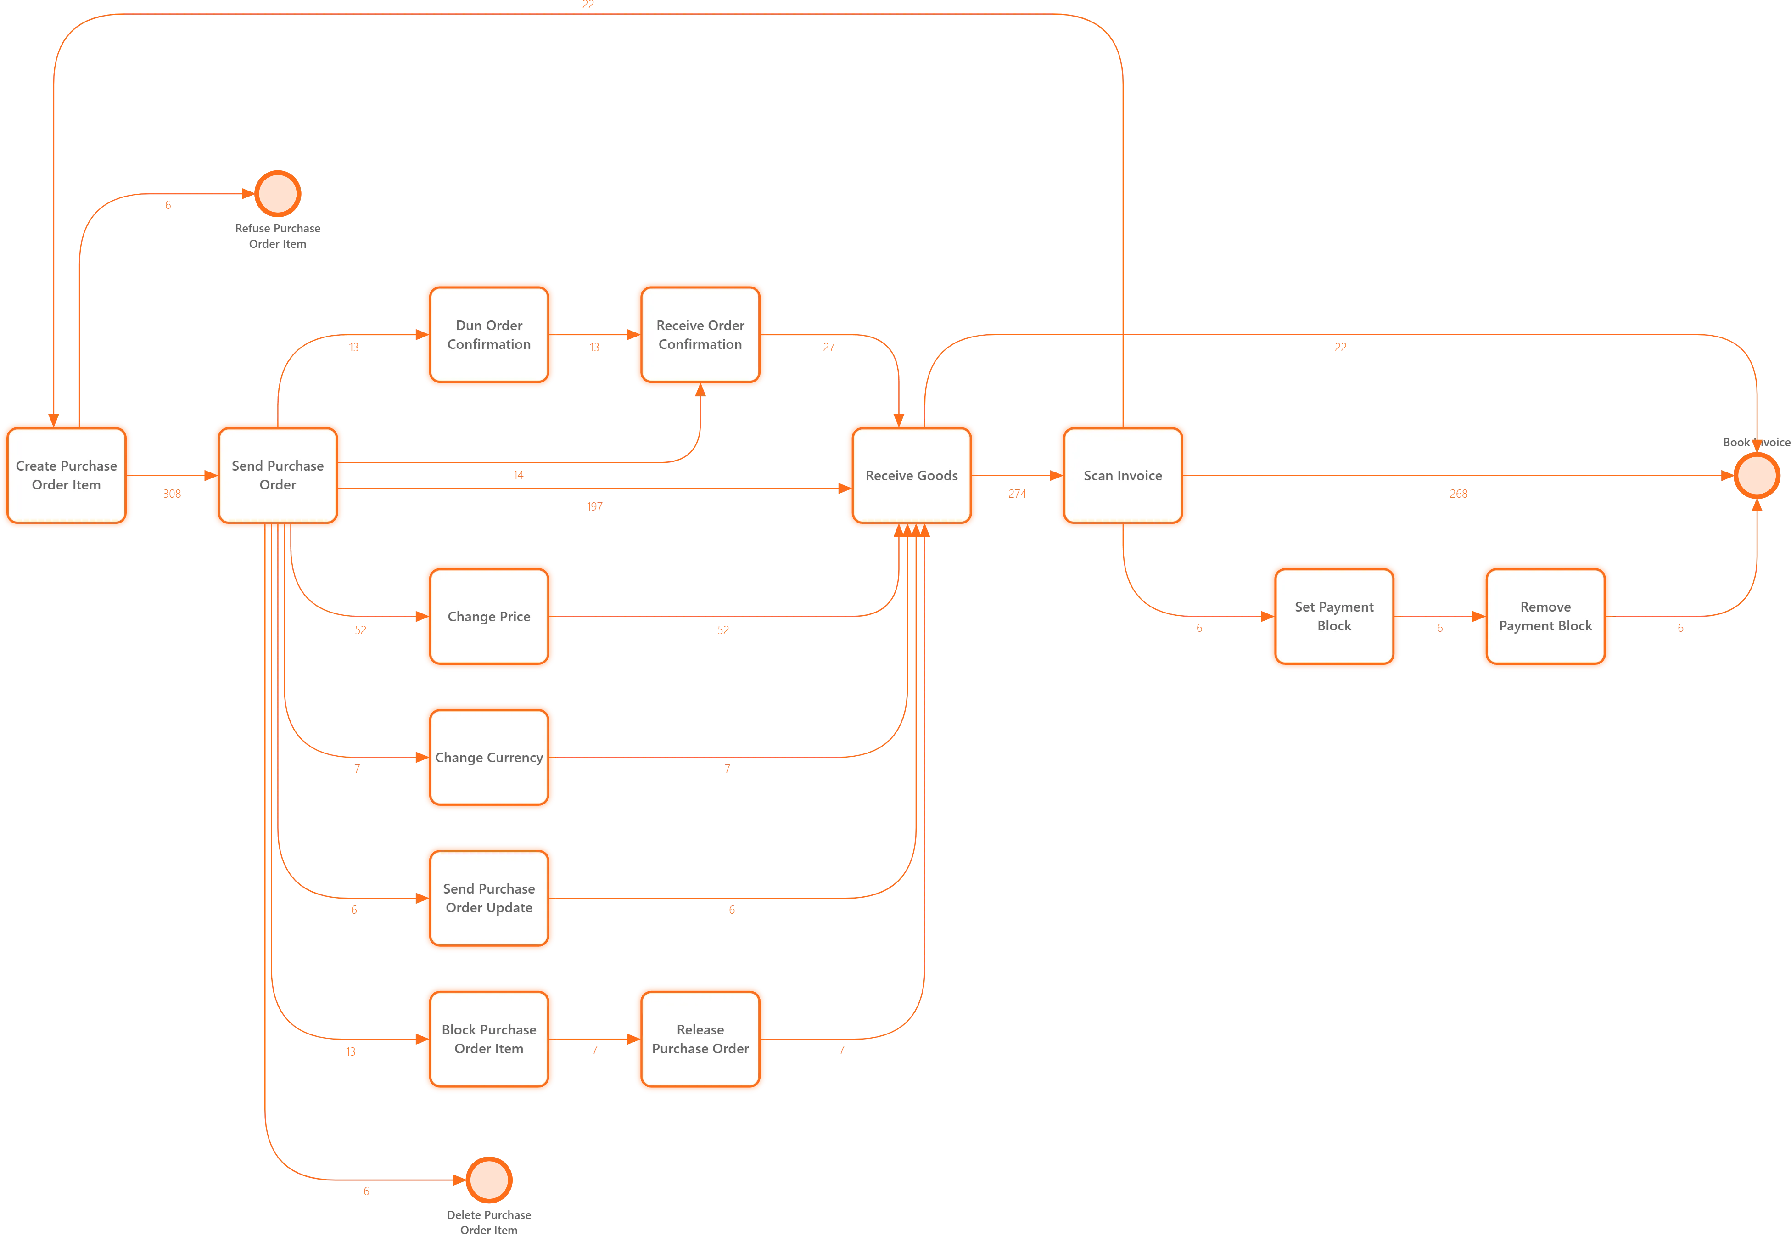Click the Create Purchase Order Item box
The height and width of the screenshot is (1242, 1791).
point(66,476)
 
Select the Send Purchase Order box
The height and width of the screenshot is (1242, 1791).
point(278,476)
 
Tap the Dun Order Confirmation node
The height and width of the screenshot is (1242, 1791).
point(488,335)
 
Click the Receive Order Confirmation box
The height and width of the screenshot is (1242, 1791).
point(700,335)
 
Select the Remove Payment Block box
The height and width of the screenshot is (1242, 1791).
point(1545,616)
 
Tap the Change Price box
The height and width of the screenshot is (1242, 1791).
point(488,616)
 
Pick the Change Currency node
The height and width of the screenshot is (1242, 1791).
point(488,757)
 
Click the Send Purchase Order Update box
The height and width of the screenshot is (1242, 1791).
point(488,898)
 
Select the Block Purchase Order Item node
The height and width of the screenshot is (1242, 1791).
point(488,1039)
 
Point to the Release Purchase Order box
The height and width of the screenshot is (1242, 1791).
point(700,1039)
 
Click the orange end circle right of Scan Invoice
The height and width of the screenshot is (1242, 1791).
point(1756,476)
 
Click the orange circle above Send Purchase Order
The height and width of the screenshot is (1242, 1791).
point(278,193)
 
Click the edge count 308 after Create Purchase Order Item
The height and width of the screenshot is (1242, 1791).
point(172,494)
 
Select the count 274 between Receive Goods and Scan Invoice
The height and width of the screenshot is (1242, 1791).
point(1017,494)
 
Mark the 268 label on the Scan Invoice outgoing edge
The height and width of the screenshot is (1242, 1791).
point(1457,494)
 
